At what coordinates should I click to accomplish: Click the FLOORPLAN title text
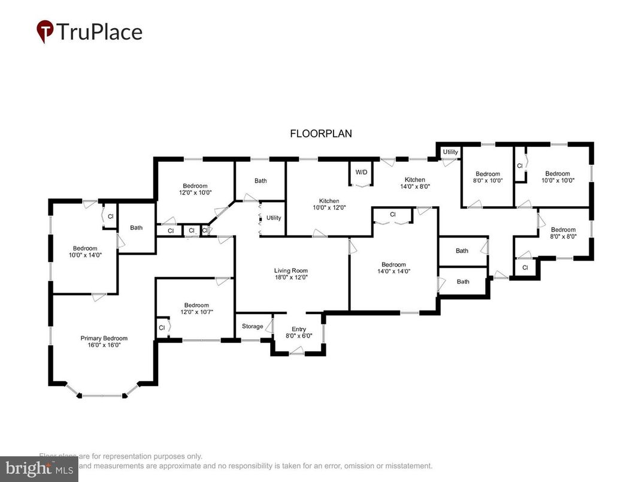[321, 134]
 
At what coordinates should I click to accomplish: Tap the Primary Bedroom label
[104, 342]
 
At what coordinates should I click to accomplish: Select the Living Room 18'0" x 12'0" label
[291, 274]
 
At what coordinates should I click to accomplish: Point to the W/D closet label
[361, 172]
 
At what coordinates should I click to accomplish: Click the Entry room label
[298, 333]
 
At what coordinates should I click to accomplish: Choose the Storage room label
[252, 326]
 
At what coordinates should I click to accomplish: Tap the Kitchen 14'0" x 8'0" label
[414, 183]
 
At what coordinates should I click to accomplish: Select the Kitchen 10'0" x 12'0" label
[329, 204]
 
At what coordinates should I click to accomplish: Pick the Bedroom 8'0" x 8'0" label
[563, 233]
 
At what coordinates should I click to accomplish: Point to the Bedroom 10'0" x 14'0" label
[85, 251]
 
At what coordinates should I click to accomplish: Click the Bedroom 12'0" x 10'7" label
[196, 308]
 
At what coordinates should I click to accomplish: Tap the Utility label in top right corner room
[450, 152]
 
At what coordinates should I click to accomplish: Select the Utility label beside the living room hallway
[274, 218]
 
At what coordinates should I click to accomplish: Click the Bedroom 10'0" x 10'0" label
[557, 177]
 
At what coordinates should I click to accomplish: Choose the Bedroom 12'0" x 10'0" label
[195, 189]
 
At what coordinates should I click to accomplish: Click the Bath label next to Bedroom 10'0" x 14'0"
[137, 227]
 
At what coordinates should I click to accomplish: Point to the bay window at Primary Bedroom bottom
[102, 395]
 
